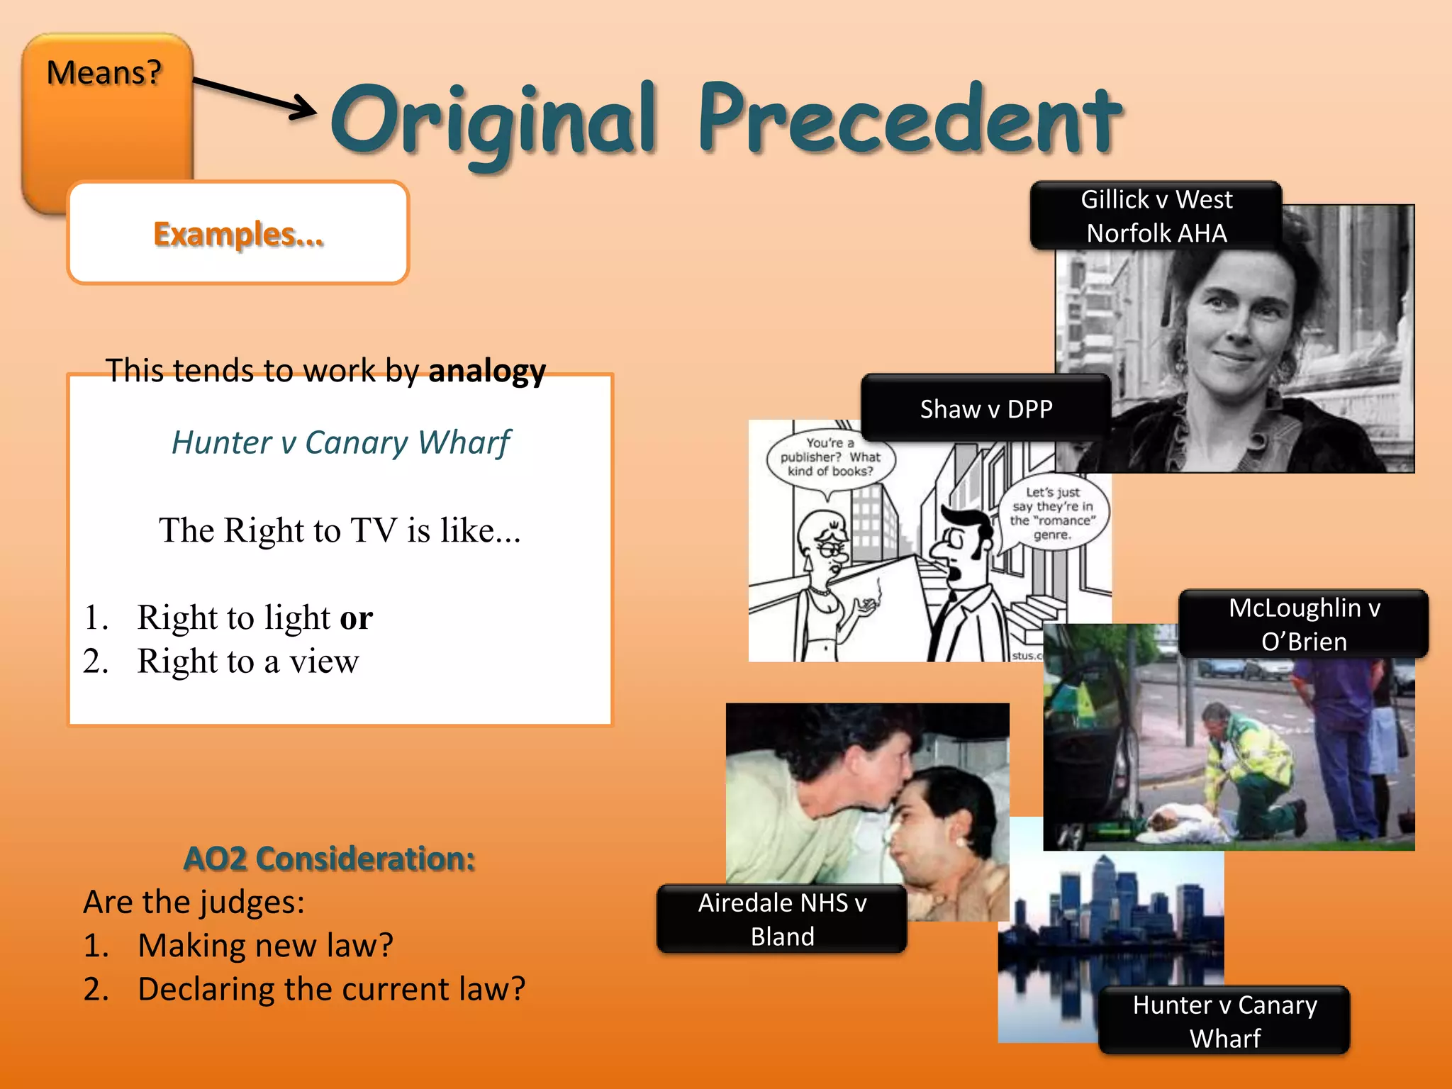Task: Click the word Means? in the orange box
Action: [x=104, y=73]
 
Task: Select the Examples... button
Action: [x=238, y=233]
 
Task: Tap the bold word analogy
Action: [x=487, y=371]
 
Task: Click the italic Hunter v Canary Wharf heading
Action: [x=340, y=442]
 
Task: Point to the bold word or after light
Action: [x=356, y=618]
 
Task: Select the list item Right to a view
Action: [x=247, y=661]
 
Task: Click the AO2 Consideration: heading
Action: [x=329, y=859]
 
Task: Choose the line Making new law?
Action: [x=265, y=946]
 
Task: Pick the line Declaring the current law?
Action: [x=331, y=989]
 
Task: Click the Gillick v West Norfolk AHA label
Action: [x=1156, y=216]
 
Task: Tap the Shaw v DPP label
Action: [x=985, y=409]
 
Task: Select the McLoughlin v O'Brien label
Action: [x=1303, y=624]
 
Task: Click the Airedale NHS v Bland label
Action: [x=782, y=919]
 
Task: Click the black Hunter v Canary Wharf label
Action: [x=1224, y=1021]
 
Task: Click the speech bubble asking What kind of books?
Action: [x=830, y=458]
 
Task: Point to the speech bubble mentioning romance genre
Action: [x=1052, y=513]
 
